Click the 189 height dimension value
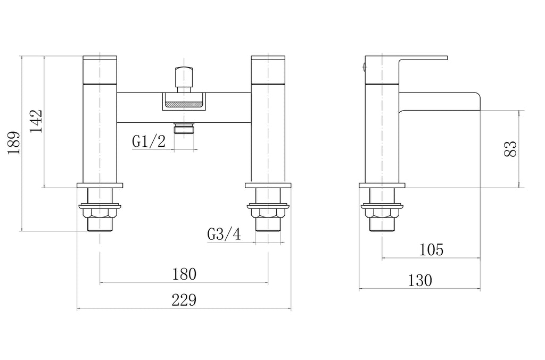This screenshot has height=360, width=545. [14, 143]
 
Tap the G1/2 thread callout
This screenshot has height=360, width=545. [148, 141]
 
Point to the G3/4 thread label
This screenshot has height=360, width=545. [224, 234]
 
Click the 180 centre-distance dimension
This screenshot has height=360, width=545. [184, 274]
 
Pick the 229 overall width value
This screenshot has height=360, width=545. [184, 300]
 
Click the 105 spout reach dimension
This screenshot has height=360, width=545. [431, 249]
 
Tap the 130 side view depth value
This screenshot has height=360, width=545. [420, 280]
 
